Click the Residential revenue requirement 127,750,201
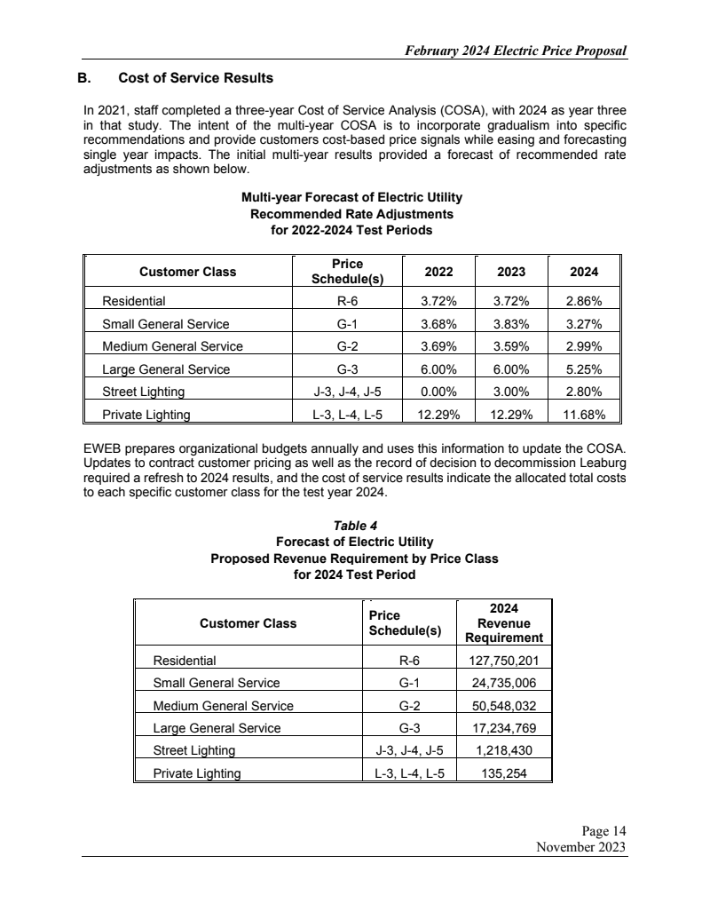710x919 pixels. click(504, 660)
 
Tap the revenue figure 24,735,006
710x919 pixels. click(504, 683)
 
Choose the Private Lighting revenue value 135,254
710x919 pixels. click(504, 772)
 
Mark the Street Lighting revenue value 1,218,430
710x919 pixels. click(504, 750)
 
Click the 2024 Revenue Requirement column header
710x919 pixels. click(504, 623)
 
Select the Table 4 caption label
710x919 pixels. click(354, 525)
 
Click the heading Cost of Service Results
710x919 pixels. click(195, 78)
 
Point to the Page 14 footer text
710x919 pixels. click(604, 831)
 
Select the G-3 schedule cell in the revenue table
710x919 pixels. click(409, 728)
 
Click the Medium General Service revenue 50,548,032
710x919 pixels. click(504, 706)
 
